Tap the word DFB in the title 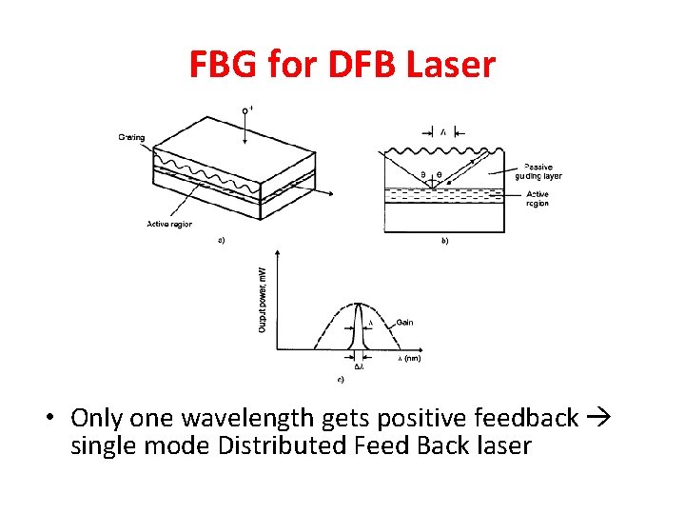point(357,65)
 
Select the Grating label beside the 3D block point(131,137)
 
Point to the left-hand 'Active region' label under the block point(168,225)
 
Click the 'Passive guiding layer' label point(538,171)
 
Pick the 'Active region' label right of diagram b point(538,199)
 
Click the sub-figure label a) point(222,240)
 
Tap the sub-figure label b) point(444,241)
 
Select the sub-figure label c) point(341,379)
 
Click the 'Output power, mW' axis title point(263,299)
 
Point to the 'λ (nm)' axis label point(408,358)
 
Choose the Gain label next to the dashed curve point(404,323)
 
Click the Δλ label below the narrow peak point(359,366)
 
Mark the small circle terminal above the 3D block point(245,110)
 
